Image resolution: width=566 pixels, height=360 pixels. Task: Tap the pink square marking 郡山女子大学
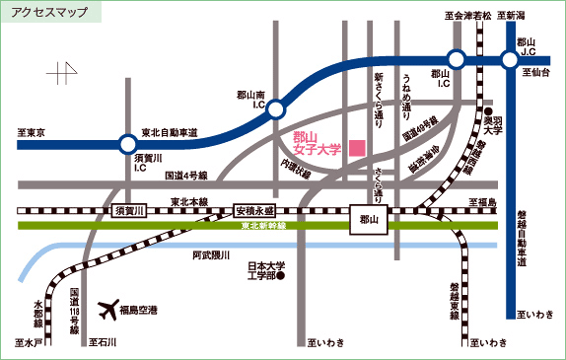pos(357,147)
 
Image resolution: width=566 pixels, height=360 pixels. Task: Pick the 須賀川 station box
pos(130,211)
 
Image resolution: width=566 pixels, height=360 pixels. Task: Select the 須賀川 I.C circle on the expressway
pos(126,143)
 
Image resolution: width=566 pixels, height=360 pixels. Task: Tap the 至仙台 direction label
pos(539,73)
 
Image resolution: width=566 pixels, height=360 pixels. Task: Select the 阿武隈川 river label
pos(210,255)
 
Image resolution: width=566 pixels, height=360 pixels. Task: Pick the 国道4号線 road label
pos(185,175)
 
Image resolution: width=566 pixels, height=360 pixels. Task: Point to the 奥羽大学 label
pos(492,124)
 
